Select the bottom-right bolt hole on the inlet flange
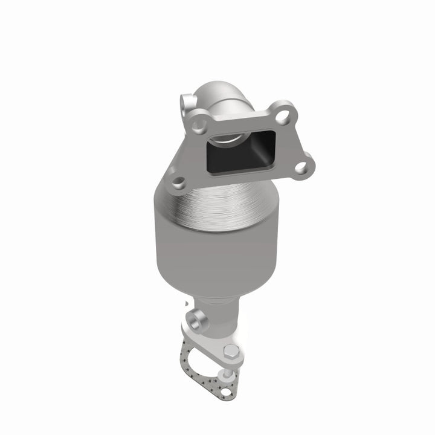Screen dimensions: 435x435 (x=300, y=166)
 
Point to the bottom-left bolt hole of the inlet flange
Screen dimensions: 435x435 (x=177, y=181)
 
